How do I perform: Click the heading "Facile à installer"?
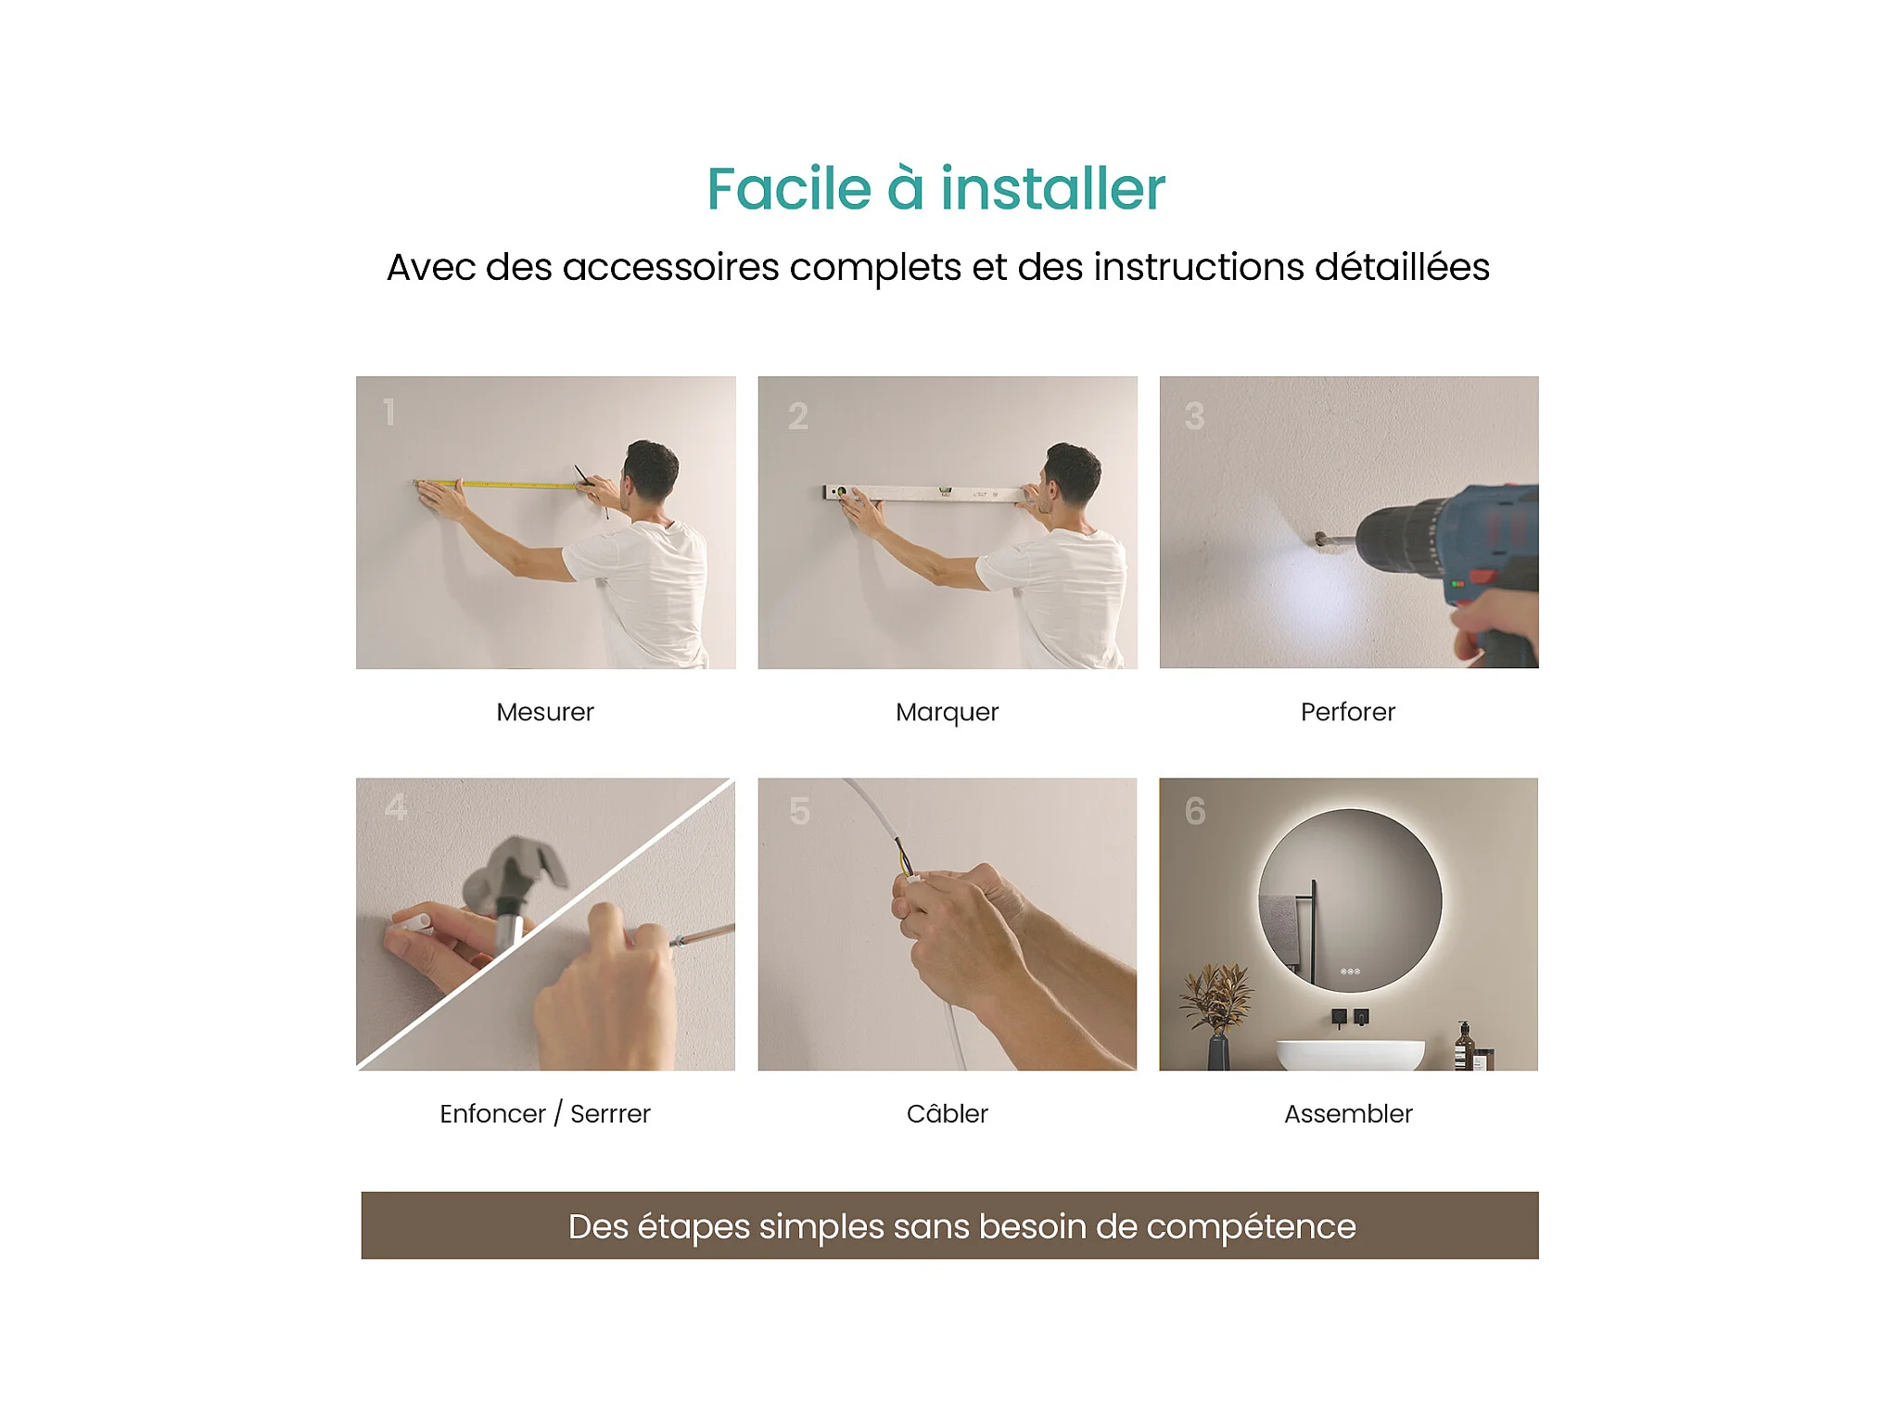(x=935, y=189)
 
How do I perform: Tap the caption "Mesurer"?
(x=545, y=712)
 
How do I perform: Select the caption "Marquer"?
(x=947, y=713)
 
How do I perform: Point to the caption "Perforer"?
(x=1347, y=712)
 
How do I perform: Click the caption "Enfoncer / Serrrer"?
(x=545, y=1113)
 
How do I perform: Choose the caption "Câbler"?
(x=948, y=1112)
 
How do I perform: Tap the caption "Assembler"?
(x=1348, y=1113)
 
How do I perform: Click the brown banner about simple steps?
(x=949, y=1225)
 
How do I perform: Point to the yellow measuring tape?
(x=501, y=484)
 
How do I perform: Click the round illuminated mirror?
(x=1350, y=902)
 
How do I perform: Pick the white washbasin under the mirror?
(x=1350, y=1055)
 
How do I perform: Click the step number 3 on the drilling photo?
(x=1194, y=415)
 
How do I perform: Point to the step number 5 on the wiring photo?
(x=799, y=811)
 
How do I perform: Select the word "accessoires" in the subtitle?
(x=670, y=267)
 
